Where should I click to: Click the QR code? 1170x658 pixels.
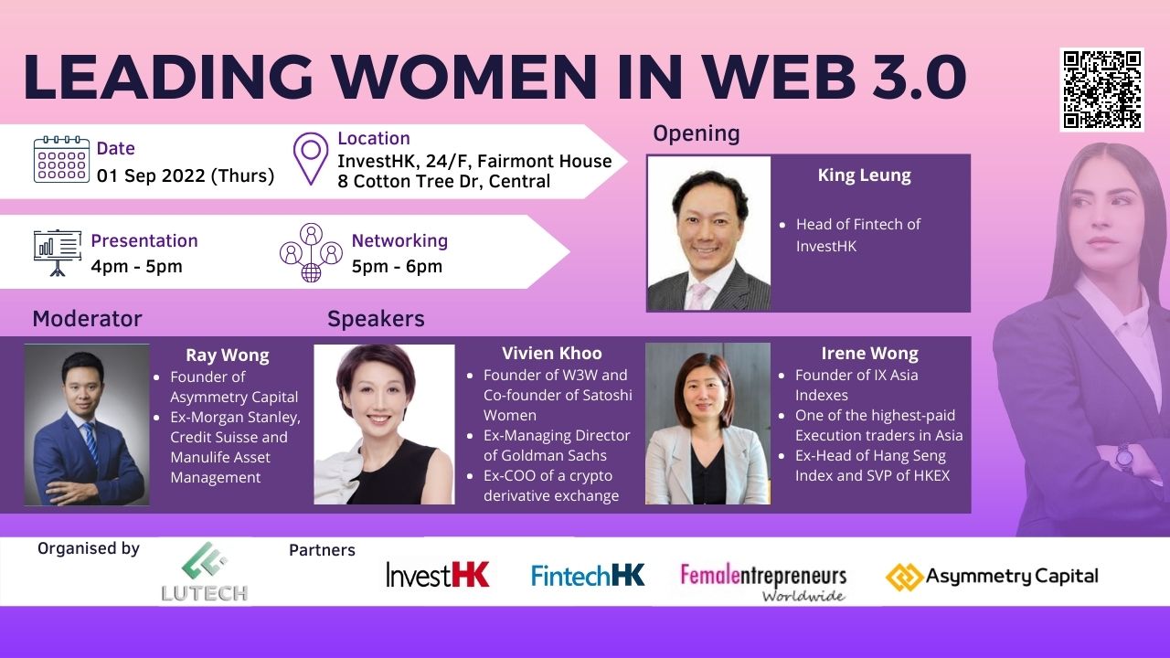[x=1101, y=90]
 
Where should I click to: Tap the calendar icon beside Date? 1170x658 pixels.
[x=61, y=159]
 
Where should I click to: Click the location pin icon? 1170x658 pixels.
[x=311, y=159]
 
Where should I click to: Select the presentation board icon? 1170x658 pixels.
[x=57, y=253]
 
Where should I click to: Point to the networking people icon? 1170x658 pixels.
[x=312, y=253]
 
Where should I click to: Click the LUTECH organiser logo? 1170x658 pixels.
[x=204, y=571]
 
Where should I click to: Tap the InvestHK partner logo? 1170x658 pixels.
[x=438, y=575]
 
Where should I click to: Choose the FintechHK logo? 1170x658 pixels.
[x=588, y=575]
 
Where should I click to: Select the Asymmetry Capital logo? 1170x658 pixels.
[x=992, y=577]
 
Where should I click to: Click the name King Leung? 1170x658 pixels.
[x=865, y=175]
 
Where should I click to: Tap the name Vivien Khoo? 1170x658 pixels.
[x=551, y=354]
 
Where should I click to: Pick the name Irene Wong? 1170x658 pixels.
[x=869, y=354]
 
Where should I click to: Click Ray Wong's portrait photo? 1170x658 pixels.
[x=87, y=425]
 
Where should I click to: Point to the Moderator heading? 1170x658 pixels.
[x=87, y=319]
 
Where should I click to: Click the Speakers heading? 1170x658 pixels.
[x=376, y=319]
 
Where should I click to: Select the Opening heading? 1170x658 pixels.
[x=697, y=133]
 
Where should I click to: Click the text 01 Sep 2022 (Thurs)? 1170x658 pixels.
[x=186, y=175]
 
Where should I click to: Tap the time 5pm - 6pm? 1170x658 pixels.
[x=397, y=266]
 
